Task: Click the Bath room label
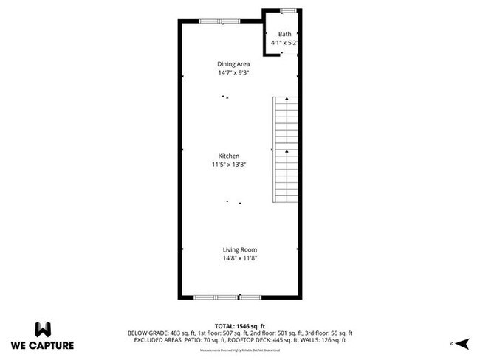coord(284,35)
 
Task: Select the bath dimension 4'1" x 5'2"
coord(284,44)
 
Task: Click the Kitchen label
coord(227,156)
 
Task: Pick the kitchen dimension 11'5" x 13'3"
coord(227,165)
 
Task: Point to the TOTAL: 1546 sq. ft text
coord(241,325)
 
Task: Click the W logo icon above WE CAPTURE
coord(43,328)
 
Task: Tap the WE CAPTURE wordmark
coord(43,345)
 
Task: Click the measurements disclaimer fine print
coord(240,349)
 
